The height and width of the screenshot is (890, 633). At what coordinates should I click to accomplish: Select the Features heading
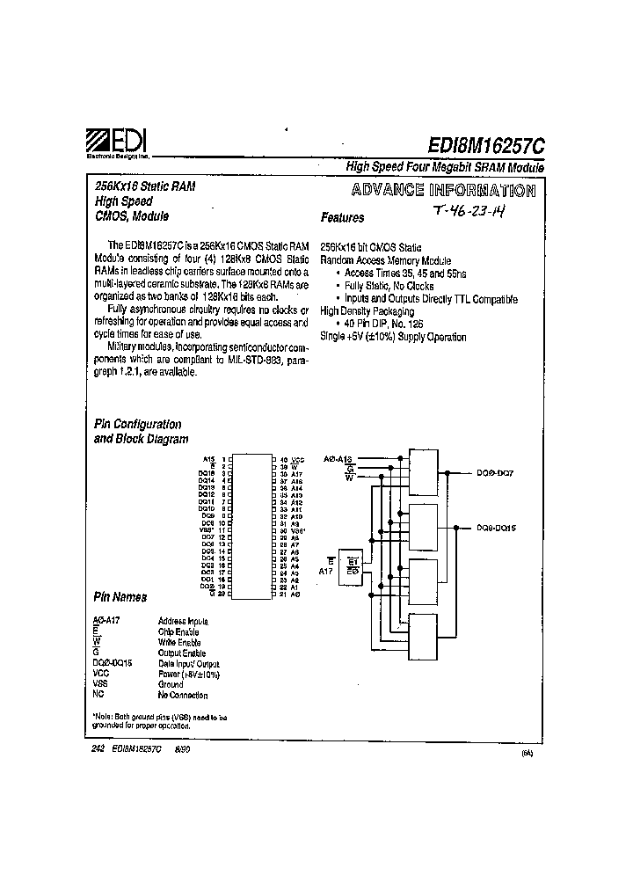point(342,217)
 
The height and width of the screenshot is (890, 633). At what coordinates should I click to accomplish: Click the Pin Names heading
point(120,597)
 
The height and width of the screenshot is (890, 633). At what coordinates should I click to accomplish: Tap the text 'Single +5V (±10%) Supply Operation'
point(393,337)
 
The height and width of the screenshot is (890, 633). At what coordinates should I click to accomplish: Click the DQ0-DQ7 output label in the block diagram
point(495,473)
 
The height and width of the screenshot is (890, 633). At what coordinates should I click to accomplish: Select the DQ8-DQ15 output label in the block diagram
point(497,528)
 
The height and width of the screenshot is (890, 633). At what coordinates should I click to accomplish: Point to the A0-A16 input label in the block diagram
point(338,459)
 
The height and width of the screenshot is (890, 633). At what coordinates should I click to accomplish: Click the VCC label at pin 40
point(298,459)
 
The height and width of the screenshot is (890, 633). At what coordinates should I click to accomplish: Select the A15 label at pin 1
point(208,459)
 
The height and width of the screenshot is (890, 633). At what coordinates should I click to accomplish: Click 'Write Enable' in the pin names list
point(178,642)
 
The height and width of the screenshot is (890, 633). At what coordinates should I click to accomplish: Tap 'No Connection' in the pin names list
point(183,695)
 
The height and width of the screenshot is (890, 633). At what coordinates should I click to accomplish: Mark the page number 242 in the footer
point(98,748)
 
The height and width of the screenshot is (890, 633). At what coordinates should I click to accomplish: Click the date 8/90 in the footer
point(183,748)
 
